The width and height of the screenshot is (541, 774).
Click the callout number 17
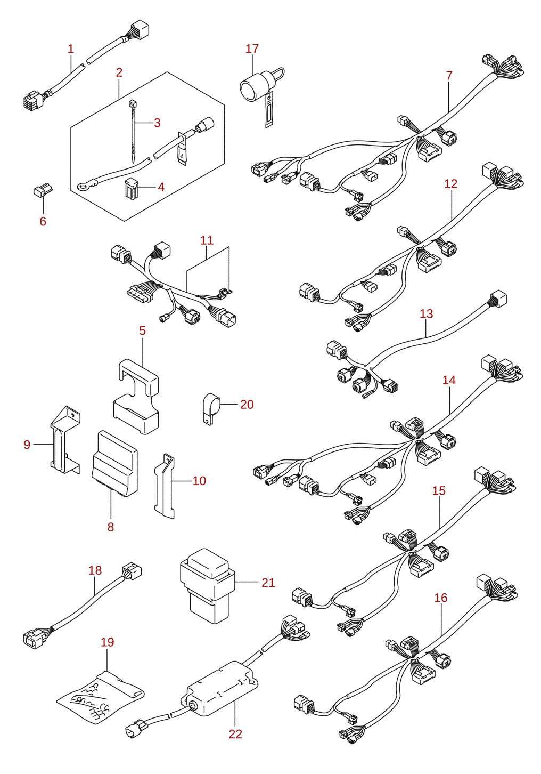(252, 49)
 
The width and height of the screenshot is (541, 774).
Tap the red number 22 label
(235, 734)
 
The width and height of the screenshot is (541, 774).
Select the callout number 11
(207, 240)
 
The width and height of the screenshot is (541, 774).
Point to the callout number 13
(427, 314)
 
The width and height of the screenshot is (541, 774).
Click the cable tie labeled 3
(133, 131)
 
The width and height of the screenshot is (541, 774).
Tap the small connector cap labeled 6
(43, 190)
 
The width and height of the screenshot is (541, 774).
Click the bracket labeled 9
(65, 440)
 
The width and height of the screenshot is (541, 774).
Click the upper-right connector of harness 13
(497, 299)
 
